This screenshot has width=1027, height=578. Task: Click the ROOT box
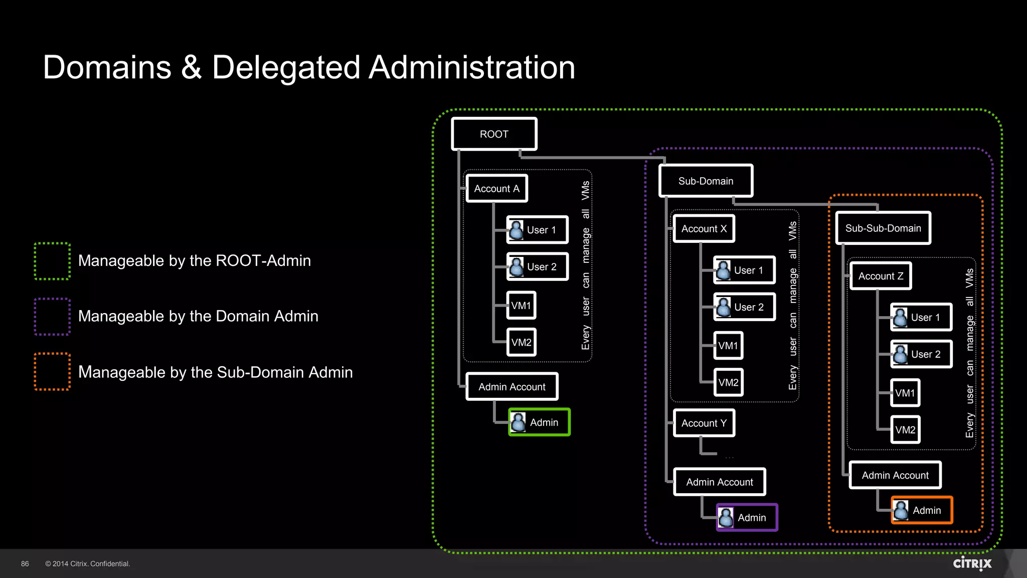coord(494,134)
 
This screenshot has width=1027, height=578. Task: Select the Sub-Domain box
coord(706,181)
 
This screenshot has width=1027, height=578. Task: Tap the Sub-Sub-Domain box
coord(883,228)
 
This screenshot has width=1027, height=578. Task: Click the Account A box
coord(496,189)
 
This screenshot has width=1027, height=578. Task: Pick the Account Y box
coord(704,423)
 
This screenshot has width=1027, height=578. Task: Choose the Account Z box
coord(881,276)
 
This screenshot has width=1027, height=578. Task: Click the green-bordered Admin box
coord(539,422)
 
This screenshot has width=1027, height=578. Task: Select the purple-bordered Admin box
coord(747,517)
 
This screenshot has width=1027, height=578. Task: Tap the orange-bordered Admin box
coord(921,510)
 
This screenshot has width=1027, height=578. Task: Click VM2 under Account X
coord(728,382)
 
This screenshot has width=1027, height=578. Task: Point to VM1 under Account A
coord(521,306)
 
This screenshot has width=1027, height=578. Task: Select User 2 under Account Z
coord(921,354)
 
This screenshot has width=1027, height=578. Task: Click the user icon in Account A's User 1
coord(517,230)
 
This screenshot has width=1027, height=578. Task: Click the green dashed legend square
coord(52,261)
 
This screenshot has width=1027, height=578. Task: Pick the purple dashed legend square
coord(52,317)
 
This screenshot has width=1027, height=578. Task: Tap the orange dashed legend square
coord(52,372)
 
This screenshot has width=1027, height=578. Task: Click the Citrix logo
coord(972,563)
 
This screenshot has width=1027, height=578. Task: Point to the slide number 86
coord(25,564)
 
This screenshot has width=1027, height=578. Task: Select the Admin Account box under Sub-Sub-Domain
coord(895,475)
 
